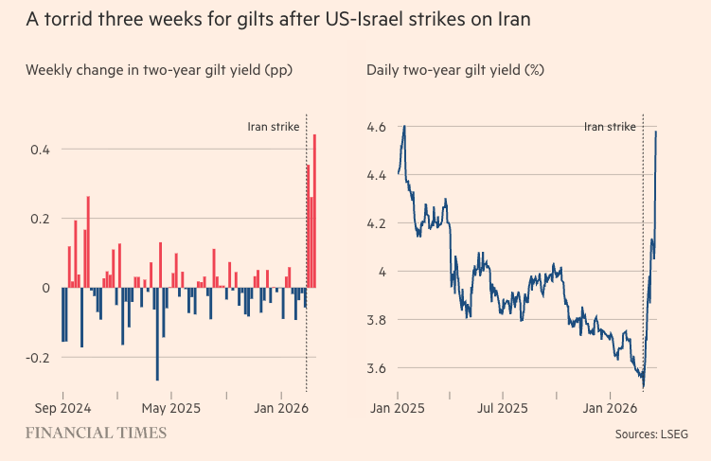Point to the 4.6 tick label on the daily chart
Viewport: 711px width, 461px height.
pos(377,126)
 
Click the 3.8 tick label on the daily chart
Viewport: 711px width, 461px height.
pos(377,320)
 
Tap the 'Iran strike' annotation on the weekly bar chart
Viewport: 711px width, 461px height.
pos(273,126)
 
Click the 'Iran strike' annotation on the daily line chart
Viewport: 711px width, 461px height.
pos(610,126)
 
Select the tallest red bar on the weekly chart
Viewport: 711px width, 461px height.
pos(314,210)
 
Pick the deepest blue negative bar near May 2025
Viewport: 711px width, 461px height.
pos(157,334)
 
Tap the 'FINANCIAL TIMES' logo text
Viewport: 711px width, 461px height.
pos(96,433)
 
